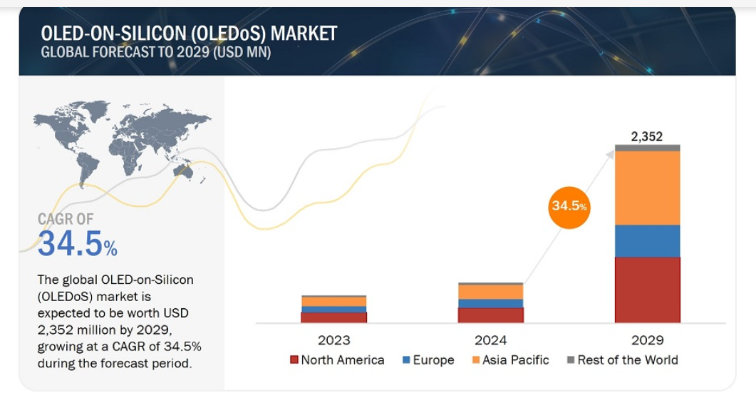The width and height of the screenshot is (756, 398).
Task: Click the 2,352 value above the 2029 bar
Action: [x=647, y=136]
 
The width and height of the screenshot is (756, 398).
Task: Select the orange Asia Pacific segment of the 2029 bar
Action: [x=647, y=188]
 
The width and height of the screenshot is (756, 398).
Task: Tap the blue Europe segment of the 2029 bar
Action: [x=647, y=241]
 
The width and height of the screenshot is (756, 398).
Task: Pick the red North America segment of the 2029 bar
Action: [x=647, y=290]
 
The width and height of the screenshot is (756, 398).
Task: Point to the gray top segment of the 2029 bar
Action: [x=647, y=148]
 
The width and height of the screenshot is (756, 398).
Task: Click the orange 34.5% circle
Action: [x=569, y=206]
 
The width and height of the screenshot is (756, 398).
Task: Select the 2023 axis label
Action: [x=333, y=340]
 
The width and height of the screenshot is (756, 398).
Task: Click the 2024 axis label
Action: [x=490, y=340]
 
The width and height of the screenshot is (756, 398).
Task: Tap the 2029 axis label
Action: [x=647, y=340]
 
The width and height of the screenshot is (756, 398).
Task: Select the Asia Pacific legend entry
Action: [x=509, y=360]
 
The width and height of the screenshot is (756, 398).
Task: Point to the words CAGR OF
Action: [x=66, y=219]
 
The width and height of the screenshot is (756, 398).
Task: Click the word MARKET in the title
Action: [x=304, y=33]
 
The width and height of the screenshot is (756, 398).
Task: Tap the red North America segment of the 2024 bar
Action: [x=490, y=315]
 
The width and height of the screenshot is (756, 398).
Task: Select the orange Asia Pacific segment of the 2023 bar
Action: [x=333, y=302]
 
